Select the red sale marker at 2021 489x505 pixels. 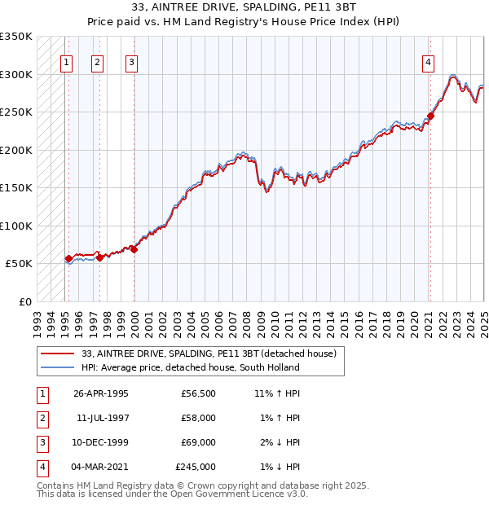tap(431, 116)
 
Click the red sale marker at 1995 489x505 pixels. tap(68, 259)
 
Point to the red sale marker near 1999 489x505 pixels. tap(134, 249)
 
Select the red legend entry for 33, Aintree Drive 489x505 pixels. tap(214, 353)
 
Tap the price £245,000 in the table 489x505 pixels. tap(196, 467)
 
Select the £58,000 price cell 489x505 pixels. tap(198, 418)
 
